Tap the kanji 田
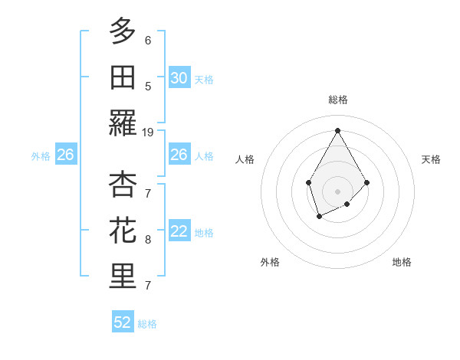(123, 77)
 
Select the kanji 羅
(123, 123)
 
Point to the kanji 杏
(123, 184)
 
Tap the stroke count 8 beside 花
(148, 240)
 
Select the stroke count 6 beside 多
(148, 41)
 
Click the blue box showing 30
(179, 78)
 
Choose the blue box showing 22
(179, 232)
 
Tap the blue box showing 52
(123, 322)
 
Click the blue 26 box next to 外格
(65, 155)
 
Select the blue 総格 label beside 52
(147, 324)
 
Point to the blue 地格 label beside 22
(204, 233)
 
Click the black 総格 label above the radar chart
(337, 100)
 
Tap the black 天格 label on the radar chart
(431, 159)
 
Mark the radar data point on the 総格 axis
(337, 130)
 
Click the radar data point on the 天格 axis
(366, 182)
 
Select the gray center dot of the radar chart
(337, 191)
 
